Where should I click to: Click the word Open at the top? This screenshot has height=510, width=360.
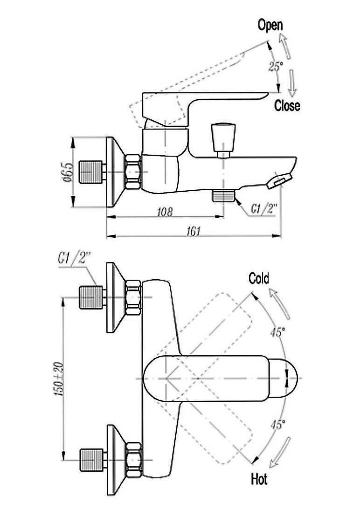[270, 25]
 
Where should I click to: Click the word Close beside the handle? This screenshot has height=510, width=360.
[287, 105]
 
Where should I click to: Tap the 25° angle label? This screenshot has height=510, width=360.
[276, 66]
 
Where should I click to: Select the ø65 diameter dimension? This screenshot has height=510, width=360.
[69, 172]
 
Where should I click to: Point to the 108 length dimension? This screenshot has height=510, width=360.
[166, 212]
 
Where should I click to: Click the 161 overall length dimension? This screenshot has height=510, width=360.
[194, 231]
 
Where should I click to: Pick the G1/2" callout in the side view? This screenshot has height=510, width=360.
[263, 209]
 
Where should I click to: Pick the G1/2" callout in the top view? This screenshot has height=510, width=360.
[74, 259]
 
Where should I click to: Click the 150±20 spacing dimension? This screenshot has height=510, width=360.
[60, 379]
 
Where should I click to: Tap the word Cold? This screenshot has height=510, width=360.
[259, 278]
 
